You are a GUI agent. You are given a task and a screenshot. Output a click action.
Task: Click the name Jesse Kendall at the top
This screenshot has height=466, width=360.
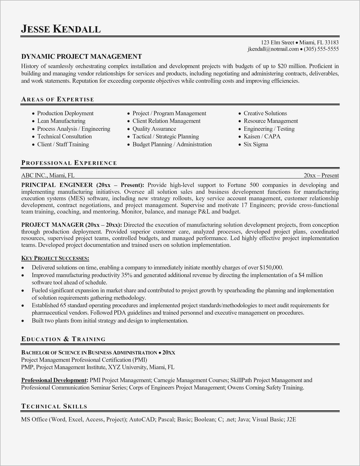tap(61, 29)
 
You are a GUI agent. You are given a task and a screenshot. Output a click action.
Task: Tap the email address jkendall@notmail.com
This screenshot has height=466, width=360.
tap(273, 49)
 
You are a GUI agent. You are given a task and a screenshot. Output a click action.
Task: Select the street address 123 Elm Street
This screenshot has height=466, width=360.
tap(277, 42)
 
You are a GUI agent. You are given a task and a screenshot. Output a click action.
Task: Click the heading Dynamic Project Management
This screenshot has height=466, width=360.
tap(81, 56)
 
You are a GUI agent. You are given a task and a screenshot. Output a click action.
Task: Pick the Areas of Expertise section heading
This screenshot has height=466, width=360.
tap(58, 99)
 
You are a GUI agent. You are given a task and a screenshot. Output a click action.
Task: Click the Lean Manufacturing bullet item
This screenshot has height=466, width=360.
tap(61, 121)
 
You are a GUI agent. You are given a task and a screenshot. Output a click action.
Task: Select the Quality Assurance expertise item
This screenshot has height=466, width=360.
tap(154, 129)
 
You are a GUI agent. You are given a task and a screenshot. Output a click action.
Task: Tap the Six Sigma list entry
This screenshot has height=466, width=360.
tap(256, 144)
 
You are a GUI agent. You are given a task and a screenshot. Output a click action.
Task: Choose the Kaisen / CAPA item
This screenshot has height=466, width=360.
tap(262, 136)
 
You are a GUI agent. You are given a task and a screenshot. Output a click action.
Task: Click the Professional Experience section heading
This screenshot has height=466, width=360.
tap(69, 163)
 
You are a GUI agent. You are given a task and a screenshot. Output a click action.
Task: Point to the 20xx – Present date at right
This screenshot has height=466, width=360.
tap(321, 175)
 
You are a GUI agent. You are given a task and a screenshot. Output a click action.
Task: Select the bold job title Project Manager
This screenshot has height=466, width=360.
tap(53, 225)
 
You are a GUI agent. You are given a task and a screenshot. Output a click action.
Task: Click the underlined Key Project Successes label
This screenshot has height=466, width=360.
tap(55, 258)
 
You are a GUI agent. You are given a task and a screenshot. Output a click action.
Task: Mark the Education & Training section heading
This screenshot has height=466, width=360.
tap(63, 339)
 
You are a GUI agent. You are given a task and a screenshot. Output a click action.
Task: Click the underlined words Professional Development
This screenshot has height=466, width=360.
tap(54, 380)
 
